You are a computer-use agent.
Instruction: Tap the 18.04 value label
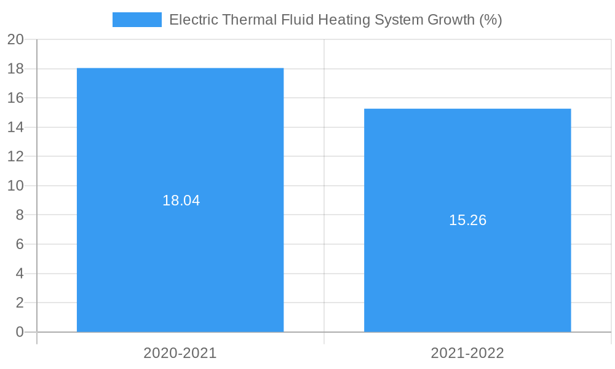point(181,200)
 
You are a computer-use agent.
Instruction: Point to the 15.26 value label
point(467,220)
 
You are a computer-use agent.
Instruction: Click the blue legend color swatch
point(137,20)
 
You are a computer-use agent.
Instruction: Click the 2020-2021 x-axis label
point(180,353)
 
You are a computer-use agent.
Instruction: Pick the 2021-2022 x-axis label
point(467,353)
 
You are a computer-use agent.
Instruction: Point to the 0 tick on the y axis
point(20,332)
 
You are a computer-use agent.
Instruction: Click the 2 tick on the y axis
point(20,303)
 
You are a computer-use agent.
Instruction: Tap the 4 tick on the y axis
point(20,274)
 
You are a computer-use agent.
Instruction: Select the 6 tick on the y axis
point(20,244)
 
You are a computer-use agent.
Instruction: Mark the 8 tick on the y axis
point(20,215)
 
